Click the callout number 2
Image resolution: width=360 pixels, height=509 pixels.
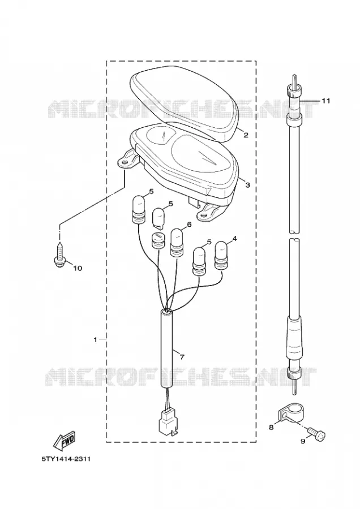[246, 135]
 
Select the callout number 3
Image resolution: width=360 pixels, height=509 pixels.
[247, 185]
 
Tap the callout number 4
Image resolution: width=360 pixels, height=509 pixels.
[234, 239]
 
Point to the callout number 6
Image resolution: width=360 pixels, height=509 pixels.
[188, 225]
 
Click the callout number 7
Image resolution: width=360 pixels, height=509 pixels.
[182, 357]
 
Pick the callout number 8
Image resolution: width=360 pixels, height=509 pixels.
[271, 428]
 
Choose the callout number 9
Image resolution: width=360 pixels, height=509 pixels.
[303, 442]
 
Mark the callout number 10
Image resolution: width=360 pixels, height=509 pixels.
[78, 268]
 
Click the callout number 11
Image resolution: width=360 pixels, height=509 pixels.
[325, 101]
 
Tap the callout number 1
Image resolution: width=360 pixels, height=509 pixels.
[95, 339]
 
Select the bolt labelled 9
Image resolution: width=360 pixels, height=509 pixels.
[317, 434]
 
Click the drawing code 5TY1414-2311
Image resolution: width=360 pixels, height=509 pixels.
[66, 459]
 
